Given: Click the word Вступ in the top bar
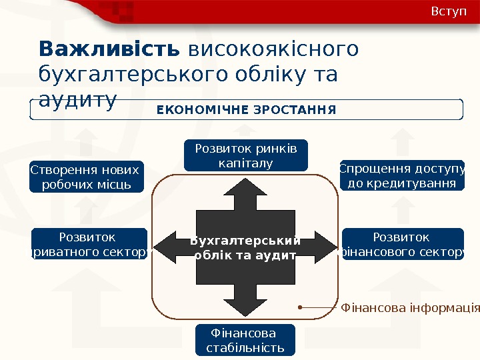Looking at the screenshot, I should tap(449, 12).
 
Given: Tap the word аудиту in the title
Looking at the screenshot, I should tap(78, 99).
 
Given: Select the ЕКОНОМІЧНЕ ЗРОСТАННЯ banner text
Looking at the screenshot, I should tap(247, 109).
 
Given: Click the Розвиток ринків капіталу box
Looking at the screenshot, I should tap(245, 155).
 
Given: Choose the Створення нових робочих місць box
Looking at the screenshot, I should tap(86, 177).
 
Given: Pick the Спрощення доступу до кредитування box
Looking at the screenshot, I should tap(402, 175).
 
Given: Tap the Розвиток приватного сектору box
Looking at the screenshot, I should tap(89, 244).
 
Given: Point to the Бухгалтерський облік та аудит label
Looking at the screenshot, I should tap(246, 247).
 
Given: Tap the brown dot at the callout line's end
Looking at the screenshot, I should tap(301, 307).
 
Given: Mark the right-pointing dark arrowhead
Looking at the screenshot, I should tap(325, 247).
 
